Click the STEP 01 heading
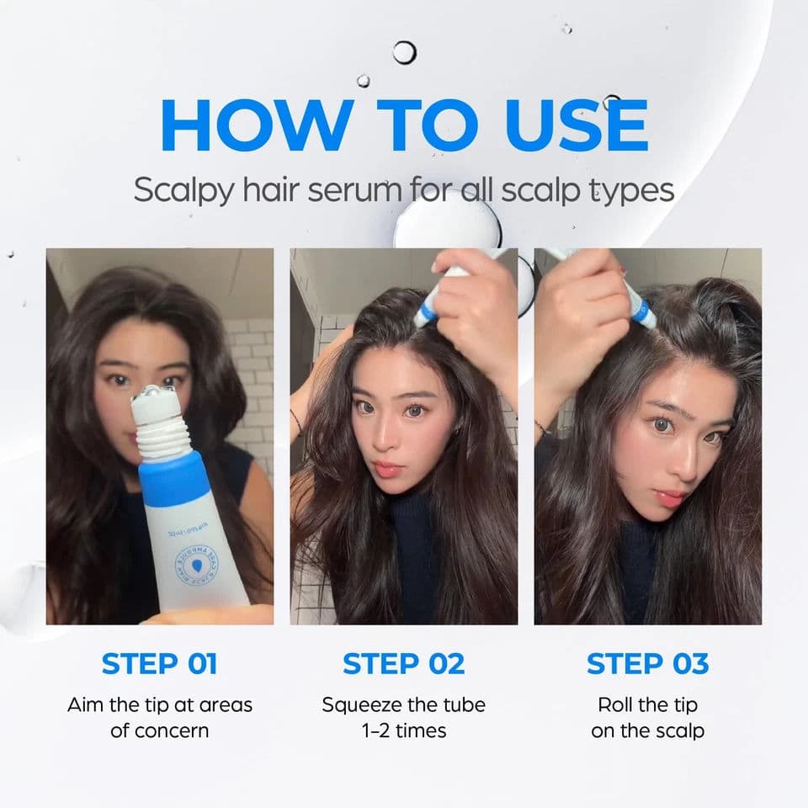[160, 663]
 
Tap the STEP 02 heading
[404, 663]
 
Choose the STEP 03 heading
[647, 663]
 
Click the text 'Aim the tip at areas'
[160, 704]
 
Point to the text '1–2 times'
[404, 731]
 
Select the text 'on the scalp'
[647, 731]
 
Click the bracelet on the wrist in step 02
[296, 421]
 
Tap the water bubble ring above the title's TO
[405, 52]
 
